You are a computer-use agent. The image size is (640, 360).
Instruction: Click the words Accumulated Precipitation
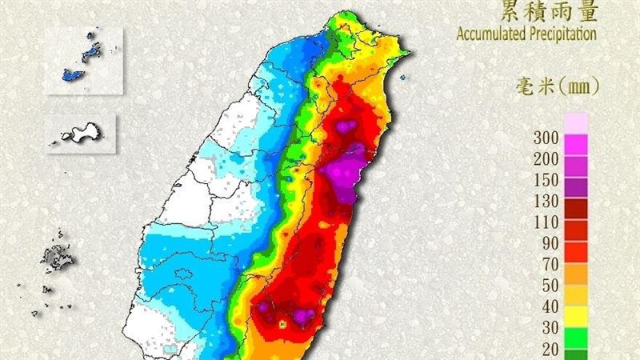(526, 34)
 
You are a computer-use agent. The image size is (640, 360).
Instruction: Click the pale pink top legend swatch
(577, 122)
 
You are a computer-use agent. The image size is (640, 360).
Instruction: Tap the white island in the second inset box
(80, 134)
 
